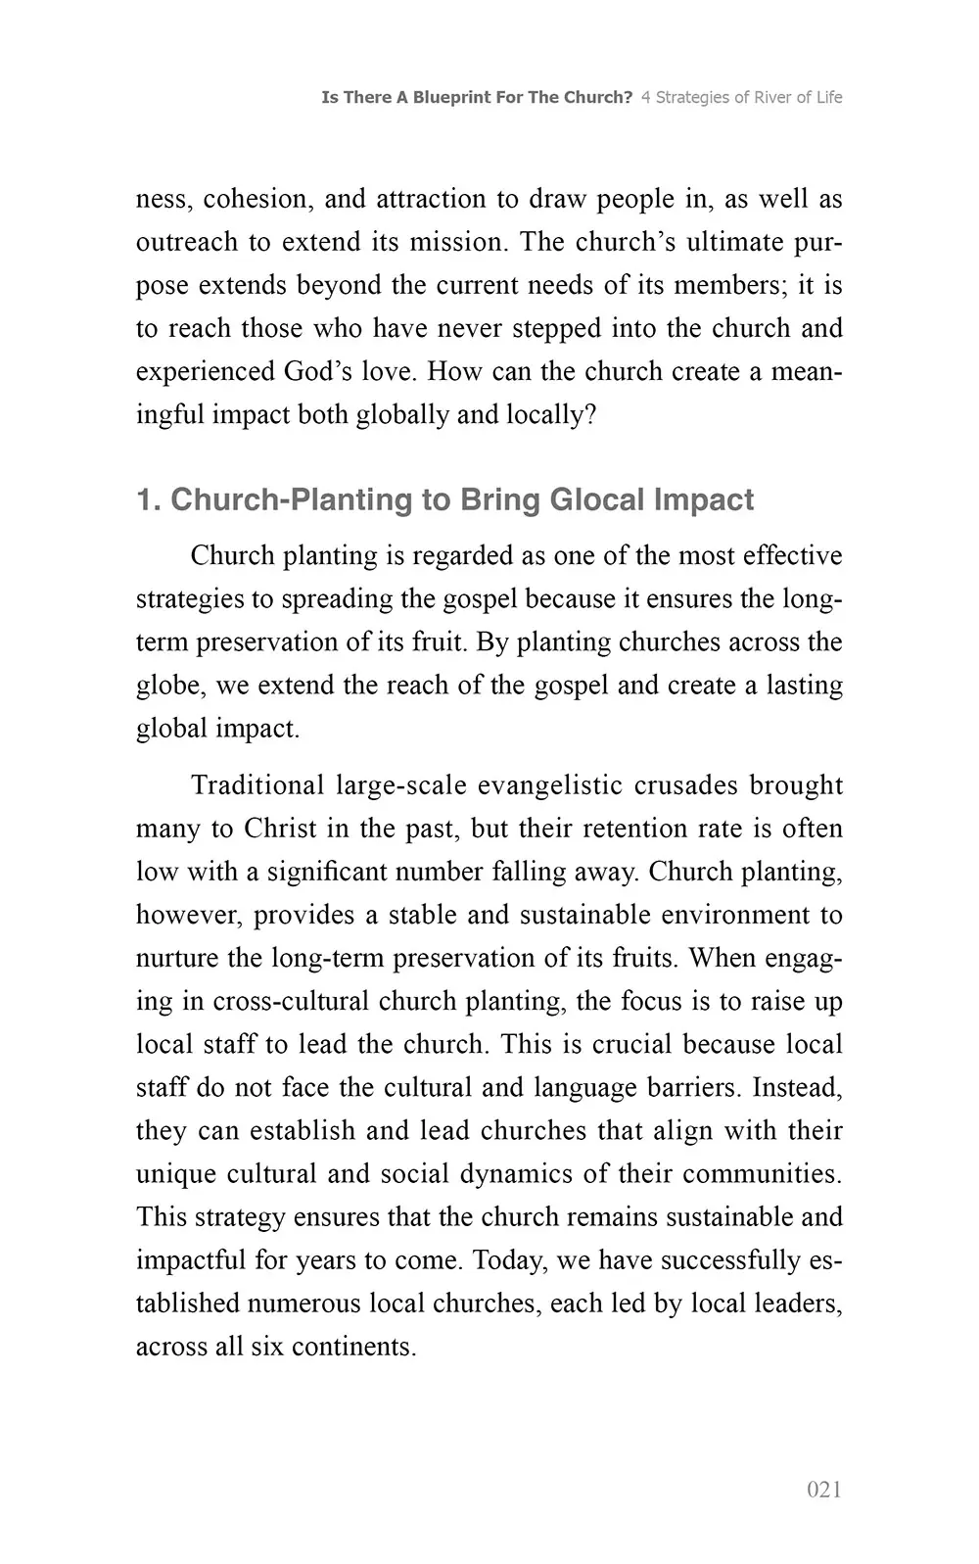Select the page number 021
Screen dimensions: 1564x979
click(824, 1490)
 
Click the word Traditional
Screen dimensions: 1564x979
click(256, 785)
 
